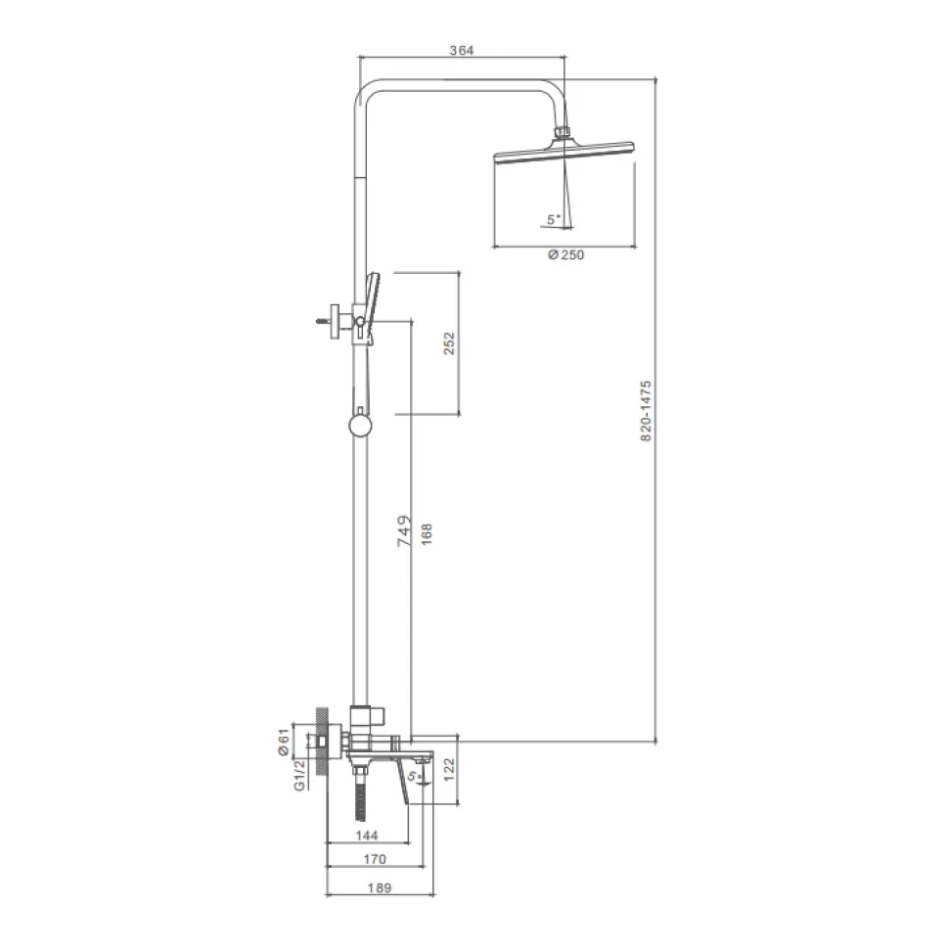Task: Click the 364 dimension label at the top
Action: click(x=461, y=50)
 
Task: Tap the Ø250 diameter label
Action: click(x=565, y=254)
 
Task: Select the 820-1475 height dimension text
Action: click(x=646, y=411)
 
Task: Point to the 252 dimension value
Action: click(x=448, y=343)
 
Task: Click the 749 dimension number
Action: click(x=404, y=531)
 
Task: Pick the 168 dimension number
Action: click(x=427, y=534)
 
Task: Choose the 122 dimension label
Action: click(x=449, y=770)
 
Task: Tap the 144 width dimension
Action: click(x=367, y=836)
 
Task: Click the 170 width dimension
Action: click(x=375, y=859)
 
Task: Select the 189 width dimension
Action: click(x=380, y=888)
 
